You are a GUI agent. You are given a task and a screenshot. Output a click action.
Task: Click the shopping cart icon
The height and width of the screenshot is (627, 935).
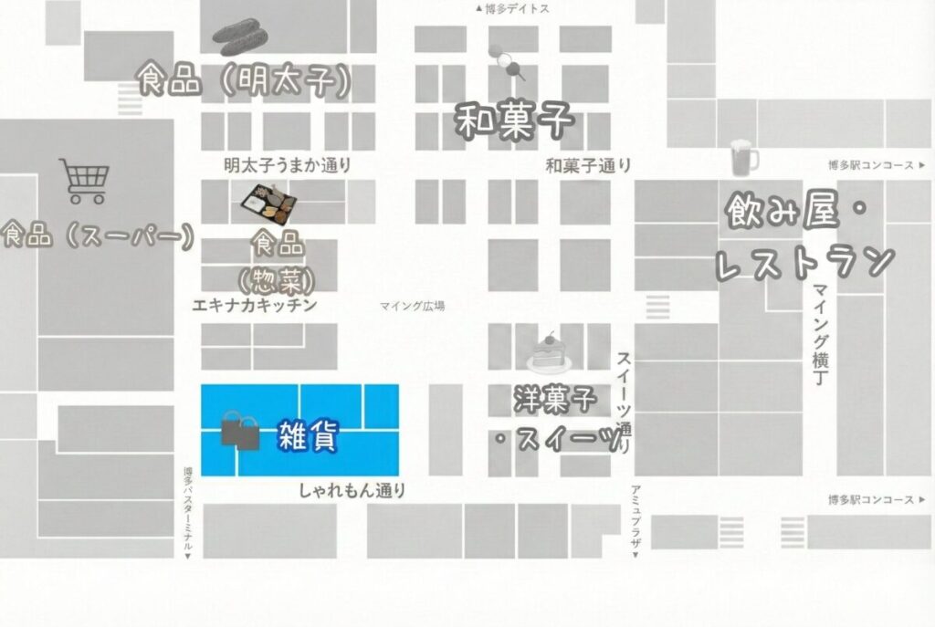pyautogui.click(x=84, y=181)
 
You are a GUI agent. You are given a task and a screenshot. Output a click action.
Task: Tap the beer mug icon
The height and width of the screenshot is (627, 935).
pyautogui.click(x=744, y=159)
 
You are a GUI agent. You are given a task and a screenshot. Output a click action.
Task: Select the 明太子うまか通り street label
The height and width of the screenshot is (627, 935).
pyautogui.click(x=288, y=165)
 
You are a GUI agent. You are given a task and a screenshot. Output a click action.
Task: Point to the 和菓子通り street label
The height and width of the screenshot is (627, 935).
pyautogui.click(x=588, y=165)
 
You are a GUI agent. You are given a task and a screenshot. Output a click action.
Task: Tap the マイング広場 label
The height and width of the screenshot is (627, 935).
pyautogui.click(x=413, y=307)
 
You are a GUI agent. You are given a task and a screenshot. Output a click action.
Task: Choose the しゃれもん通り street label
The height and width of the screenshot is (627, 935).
pyautogui.click(x=352, y=491)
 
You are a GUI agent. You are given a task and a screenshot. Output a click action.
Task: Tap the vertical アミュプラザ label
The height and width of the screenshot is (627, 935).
pyautogui.click(x=636, y=518)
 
